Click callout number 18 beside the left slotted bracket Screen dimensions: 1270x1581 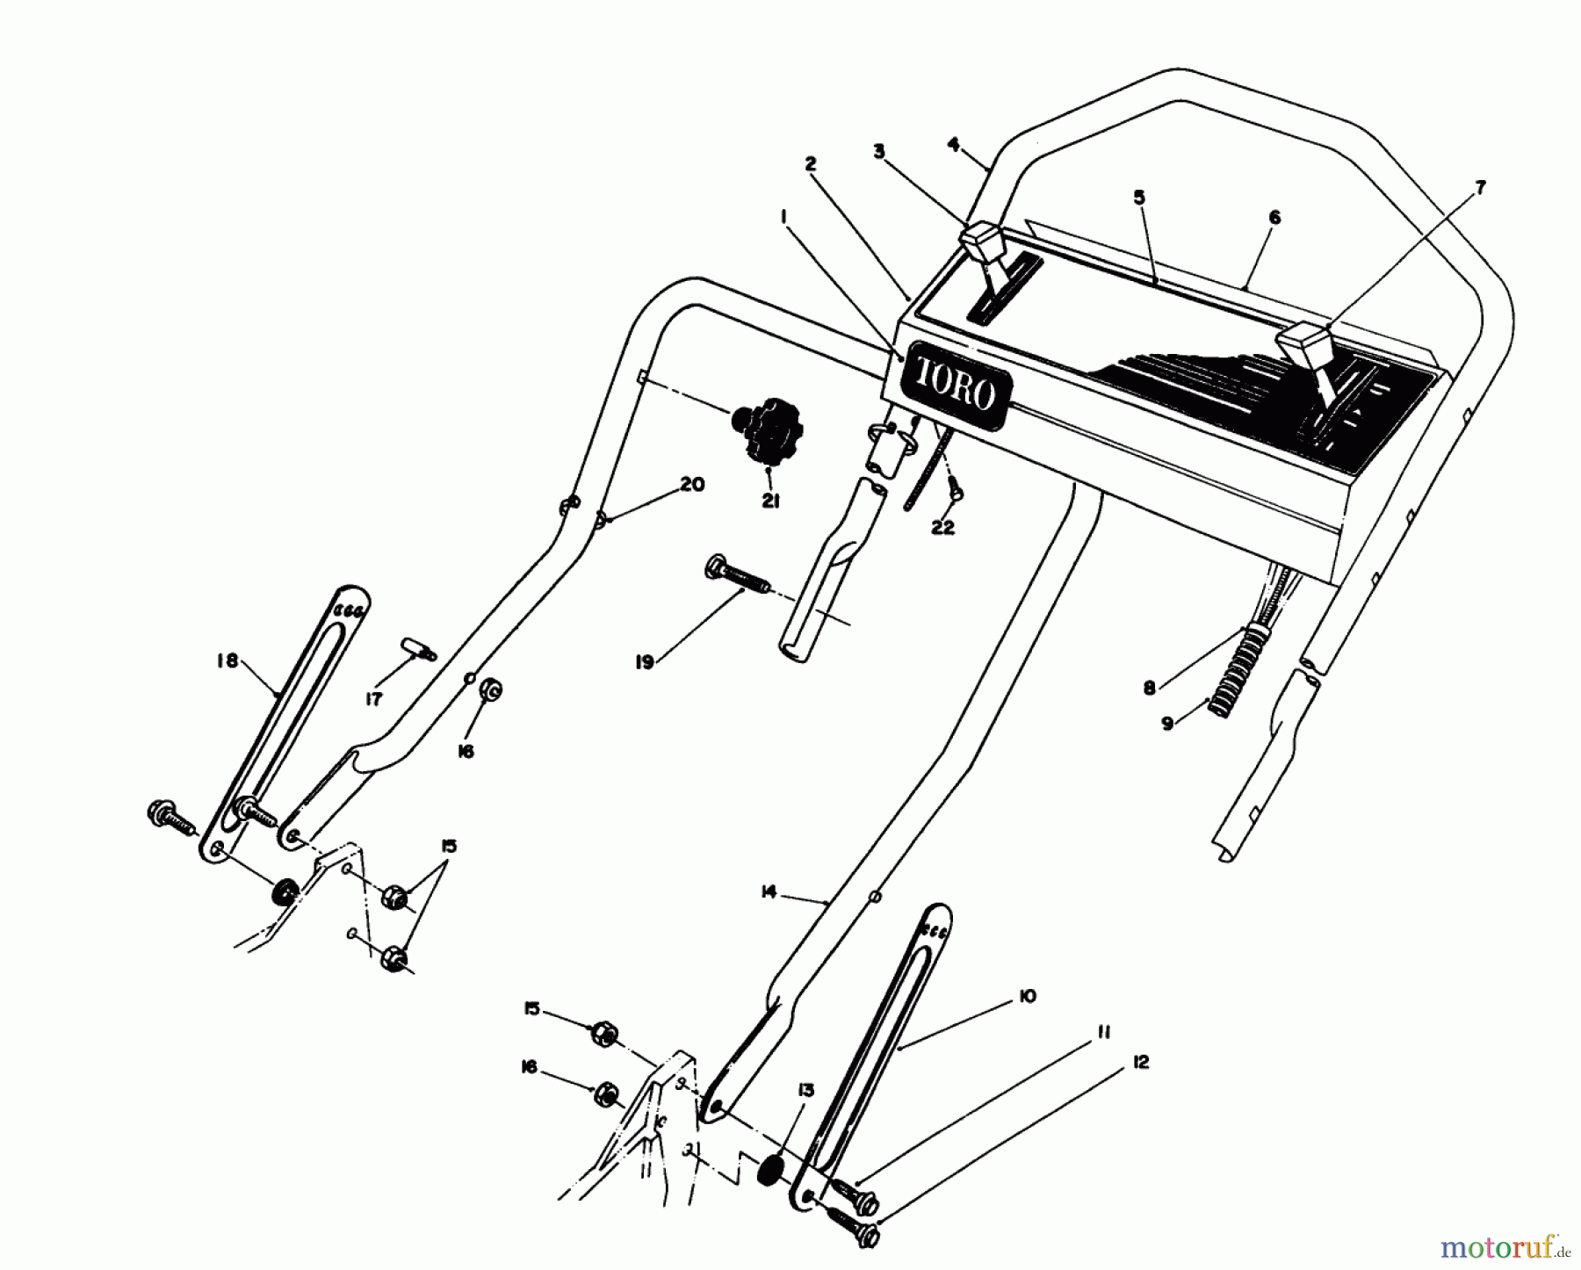[x=227, y=660]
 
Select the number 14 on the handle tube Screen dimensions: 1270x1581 [x=769, y=892]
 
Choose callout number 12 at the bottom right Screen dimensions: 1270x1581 [x=1141, y=1063]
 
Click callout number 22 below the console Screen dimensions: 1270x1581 [x=942, y=529]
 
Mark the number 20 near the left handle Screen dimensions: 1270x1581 [x=692, y=484]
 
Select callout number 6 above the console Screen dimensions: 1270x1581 [x=1274, y=217]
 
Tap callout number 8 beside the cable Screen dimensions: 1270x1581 [x=1149, y=688]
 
